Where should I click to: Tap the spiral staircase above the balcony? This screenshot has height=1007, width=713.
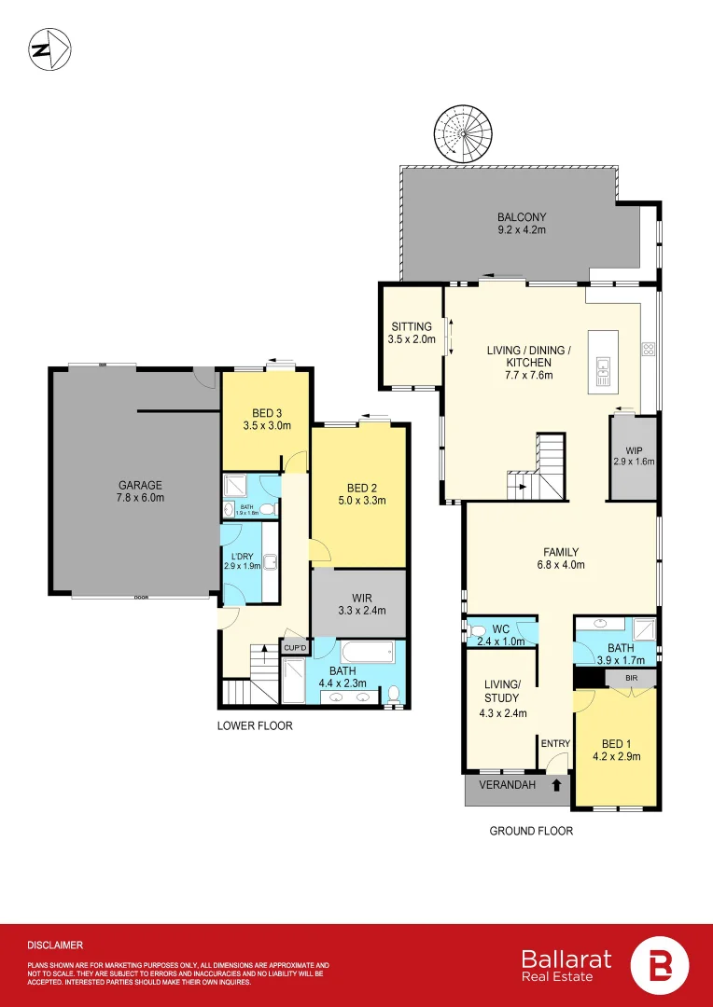tap(461, 134)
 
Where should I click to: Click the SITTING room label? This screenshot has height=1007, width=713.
tap(411, 326)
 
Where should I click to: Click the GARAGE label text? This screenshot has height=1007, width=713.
tap(140, 485)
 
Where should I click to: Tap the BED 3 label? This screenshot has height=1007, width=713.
tap(266, 413)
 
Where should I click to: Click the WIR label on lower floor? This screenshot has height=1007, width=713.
tap(359, 597)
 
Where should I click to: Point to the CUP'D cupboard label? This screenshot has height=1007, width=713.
tap(295, 647)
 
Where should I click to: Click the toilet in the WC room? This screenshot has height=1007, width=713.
tap(479, 630)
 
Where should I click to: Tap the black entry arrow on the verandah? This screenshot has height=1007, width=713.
tap(556, 786)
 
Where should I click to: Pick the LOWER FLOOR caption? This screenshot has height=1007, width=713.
tap(256, 725)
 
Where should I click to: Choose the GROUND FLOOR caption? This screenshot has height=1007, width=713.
tap(531, 831)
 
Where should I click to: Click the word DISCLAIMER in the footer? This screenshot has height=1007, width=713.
tap(55, 945)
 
